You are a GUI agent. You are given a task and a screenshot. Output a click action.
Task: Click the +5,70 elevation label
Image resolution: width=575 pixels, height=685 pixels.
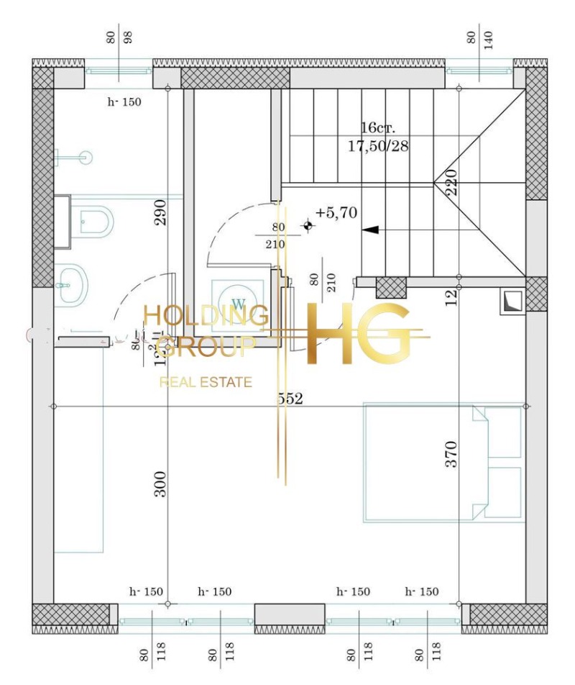tap(336, 213)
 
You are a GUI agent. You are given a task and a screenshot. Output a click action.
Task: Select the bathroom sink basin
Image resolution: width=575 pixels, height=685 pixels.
tap(72, 283)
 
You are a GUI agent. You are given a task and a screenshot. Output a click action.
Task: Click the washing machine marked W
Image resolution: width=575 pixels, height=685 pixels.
tap(239, 300)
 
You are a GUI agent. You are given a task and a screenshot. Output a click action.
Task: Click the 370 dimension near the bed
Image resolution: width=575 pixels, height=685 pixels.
tap(451, 455)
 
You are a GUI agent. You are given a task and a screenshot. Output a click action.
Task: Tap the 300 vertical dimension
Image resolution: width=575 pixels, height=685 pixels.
tap(161, 484)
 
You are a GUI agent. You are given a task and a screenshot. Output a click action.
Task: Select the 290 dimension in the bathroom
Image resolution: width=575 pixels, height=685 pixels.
tap(161, 213)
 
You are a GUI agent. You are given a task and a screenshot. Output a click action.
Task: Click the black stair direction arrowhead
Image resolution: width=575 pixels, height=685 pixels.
tap(371, 230)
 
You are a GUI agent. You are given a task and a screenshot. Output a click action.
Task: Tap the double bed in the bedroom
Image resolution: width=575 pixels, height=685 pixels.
tap(443, 461)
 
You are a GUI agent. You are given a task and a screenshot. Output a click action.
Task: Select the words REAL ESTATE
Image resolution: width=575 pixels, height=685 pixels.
tap(206, 382)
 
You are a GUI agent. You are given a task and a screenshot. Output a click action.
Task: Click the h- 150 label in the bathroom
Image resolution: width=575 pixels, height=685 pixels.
tap(124, 102)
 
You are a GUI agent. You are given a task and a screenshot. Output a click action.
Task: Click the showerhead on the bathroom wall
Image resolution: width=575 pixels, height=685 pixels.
tap(85, 155)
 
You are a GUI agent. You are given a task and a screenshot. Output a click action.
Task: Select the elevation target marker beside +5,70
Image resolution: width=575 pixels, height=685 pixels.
tap(308, 226)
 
